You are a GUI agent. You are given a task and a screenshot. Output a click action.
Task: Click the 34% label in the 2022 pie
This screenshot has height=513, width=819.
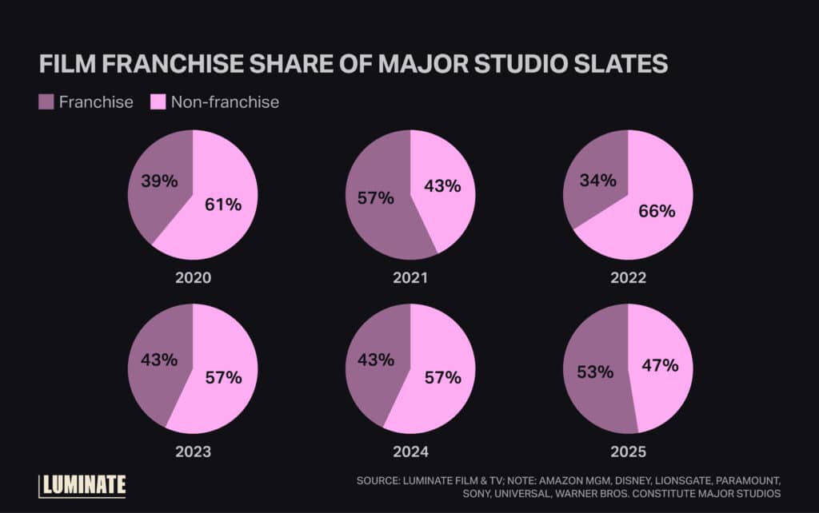tap(597, 181)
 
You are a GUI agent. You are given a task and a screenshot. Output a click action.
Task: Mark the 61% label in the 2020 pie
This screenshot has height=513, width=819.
tap(223, 204)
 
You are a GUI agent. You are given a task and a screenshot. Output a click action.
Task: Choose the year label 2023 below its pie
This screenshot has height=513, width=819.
tap(193, 451)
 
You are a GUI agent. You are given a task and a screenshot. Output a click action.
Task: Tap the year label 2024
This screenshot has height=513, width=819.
tap(410, 451)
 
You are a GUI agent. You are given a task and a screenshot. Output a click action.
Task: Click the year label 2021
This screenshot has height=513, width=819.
tap(410, 278)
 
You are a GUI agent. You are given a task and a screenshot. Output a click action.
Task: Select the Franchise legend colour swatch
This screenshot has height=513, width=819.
tap(46, 101)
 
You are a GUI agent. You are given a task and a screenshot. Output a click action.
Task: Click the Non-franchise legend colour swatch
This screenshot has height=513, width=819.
tap(158, 101)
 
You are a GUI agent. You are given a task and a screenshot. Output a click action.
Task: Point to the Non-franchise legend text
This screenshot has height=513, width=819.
tap(225, 102)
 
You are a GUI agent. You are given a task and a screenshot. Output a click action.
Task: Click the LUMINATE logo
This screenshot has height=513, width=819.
tap(82, 485)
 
